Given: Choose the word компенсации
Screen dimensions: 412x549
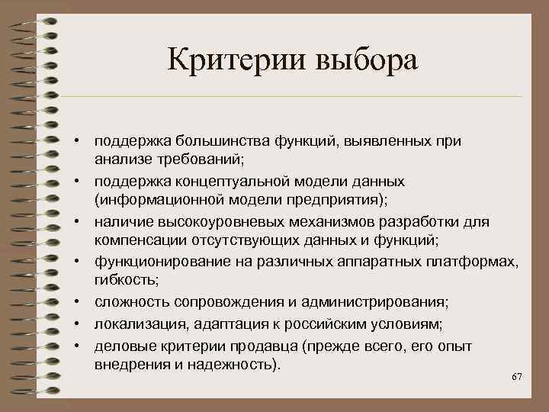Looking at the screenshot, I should click(x=134, y=242).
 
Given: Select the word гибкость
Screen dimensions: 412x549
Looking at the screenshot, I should click(x=123, y=282).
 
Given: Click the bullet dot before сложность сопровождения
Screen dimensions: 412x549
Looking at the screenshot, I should click(x=78, y=303).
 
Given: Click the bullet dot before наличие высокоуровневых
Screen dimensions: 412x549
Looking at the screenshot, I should click(x=78, y=222).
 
